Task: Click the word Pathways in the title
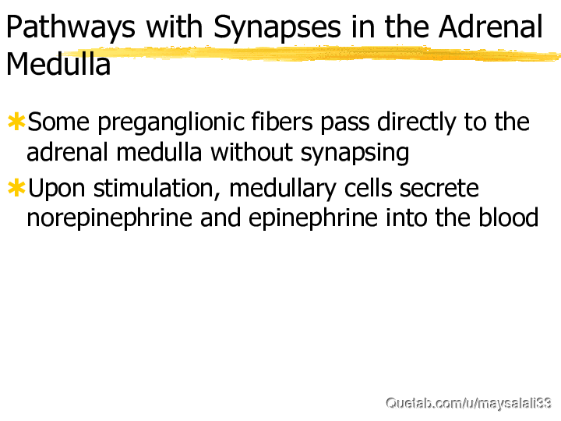click(71, 27)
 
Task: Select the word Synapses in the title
click(277, 27)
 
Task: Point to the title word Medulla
click(58, 64)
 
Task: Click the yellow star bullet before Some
click(16, 121)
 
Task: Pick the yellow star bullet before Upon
click(16, 188)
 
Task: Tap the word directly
click(417, 123)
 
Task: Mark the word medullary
click(283, 189)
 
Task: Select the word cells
click(368, 188)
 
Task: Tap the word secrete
click(439, 189)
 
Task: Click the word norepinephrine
click(110, 219)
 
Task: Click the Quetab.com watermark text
click(468, 403)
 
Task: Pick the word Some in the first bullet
click(58, 122)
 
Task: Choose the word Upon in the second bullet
click(57, 189)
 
